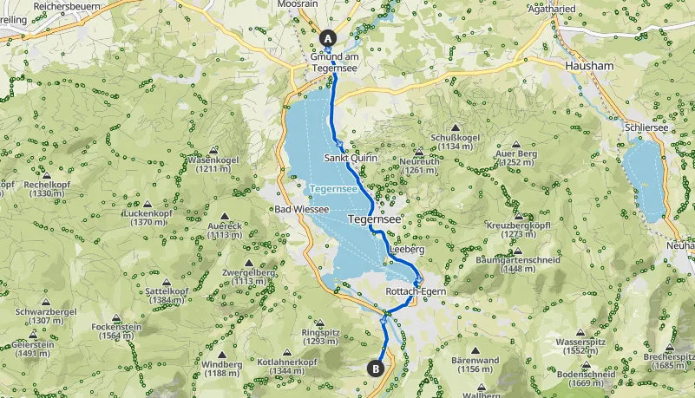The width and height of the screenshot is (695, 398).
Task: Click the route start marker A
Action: pyautogui.click(x=328, y=37)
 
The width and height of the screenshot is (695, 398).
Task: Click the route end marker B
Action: pyautogui.click(x=376, y=368)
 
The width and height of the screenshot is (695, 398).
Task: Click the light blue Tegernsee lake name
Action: pyautogui.click(x=333, y=187)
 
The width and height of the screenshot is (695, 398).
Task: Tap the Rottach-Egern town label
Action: pyautogui.click(x=416, y=292)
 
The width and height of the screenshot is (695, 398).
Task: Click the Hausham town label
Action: pyautogui.click(x=589, y=65)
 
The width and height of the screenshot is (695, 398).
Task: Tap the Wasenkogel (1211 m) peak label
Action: pyautogui.click(x=212, y=164)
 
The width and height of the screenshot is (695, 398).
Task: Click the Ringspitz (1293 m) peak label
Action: pyautogui.click(x=319, y=336)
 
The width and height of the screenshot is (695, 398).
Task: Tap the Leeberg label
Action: pyautogui.click(x=407, y=249)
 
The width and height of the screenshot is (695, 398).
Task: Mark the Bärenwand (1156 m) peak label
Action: pyautogui.click(x=475, y=364)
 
